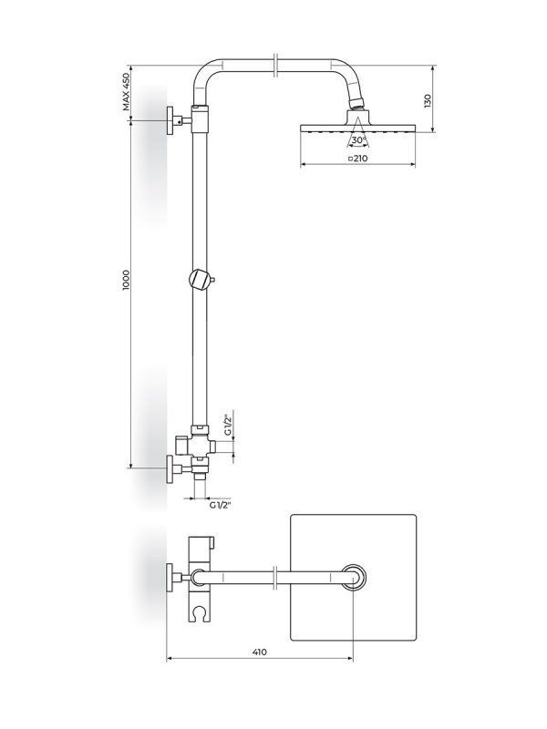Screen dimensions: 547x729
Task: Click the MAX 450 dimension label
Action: point(127,92)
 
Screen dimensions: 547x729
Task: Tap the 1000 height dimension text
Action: point(127,281)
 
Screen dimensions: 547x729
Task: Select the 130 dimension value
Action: point(428,100)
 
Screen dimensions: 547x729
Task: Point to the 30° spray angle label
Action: point(358,140)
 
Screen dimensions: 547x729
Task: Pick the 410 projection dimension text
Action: point(260,652)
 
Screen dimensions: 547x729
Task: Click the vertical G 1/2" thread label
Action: point(227,423)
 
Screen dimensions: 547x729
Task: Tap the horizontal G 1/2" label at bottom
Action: point(221,506)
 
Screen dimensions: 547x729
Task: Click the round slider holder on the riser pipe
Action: point(200,281)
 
